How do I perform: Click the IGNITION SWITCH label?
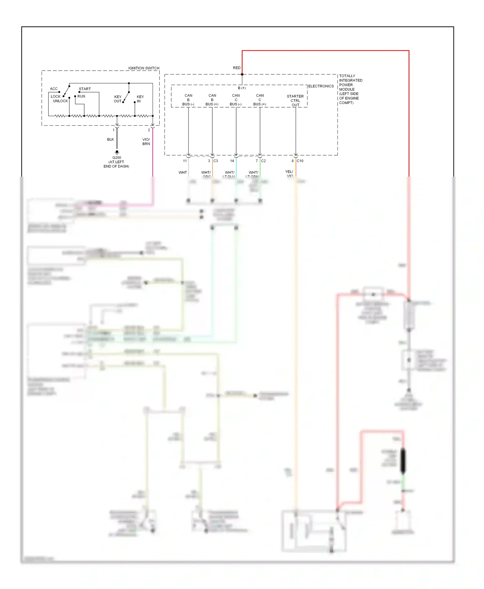[x=144, y=68]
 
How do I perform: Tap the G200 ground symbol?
[x=117, y=152]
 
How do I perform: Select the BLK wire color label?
[x=110, y=140]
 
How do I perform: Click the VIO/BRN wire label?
[x=146, y=141]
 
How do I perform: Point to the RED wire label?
[x=237, y=68]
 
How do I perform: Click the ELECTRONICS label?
[x=321, y=86]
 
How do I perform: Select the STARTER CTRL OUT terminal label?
[x=295, y=101]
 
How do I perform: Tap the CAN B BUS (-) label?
[x=188, y=100]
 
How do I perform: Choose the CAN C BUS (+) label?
[x=260, y=100]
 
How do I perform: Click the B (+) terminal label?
[x=242, y=88]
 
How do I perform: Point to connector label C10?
[x=300, y=161]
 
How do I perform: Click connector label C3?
[x=216, y=161]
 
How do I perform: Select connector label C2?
[x=263, y=161]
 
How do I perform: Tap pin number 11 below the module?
[x=185, y=161]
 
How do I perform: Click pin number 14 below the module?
[x=232, y=161]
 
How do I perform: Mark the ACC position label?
[x=54, y=89]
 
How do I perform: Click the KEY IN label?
[x=140, y=99]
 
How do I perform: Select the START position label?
[x=85, y=89]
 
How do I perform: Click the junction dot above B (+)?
[x=242, y=74]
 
